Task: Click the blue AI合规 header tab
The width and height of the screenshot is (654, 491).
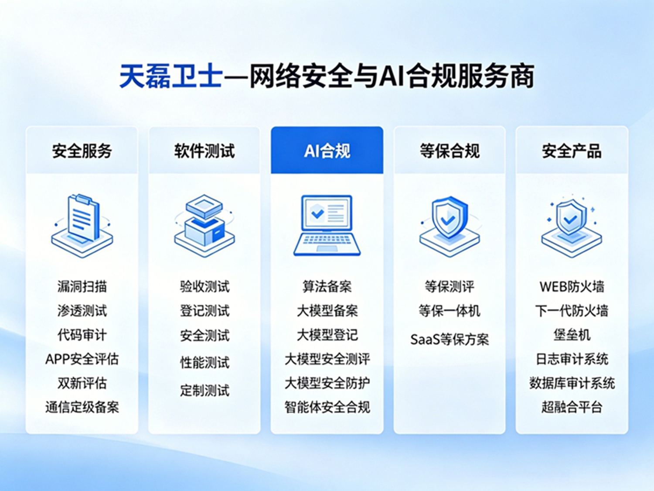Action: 327,150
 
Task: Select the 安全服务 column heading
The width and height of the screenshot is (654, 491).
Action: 82,151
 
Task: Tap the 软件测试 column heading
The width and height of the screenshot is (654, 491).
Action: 204,151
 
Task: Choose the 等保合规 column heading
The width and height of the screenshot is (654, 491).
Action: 450,151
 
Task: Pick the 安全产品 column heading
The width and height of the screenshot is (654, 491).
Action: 572,151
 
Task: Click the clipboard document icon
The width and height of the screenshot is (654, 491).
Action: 82,226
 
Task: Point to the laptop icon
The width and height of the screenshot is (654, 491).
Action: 327,226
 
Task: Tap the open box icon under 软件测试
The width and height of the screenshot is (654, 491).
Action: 204,226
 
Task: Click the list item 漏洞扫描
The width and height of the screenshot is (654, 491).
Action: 82,287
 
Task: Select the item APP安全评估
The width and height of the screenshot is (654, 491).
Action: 82,359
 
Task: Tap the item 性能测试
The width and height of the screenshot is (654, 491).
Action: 204,363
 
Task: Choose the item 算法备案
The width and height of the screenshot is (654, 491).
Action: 327,287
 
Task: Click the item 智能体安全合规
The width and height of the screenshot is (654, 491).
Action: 327,407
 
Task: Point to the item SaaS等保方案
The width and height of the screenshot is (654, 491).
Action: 450,340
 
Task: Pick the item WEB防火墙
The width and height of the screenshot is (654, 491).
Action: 572,287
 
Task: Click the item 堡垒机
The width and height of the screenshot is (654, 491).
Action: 572,335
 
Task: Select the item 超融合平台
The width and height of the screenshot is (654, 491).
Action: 572,407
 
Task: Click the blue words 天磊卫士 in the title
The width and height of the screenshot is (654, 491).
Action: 171,77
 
